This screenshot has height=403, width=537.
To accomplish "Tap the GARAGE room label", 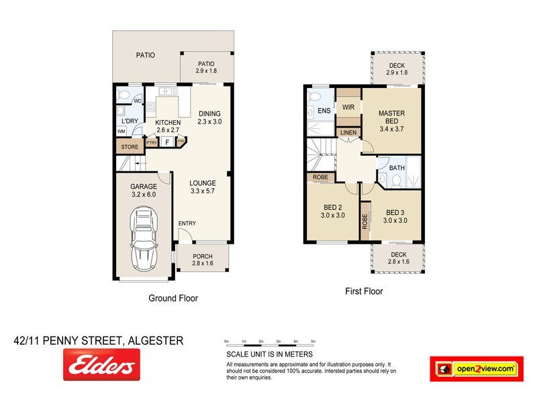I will click(144, 186).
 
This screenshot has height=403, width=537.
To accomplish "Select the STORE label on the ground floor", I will click(130, 147).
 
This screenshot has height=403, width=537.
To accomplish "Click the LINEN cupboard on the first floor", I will click(348, 133).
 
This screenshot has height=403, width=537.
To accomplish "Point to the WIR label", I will click(348, 107).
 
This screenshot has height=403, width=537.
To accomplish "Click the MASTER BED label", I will click(393, 117).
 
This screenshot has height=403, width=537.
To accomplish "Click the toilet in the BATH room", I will click(397, 179).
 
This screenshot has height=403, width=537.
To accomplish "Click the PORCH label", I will click(203, 257).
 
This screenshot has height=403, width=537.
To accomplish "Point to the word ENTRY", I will click(187, 224).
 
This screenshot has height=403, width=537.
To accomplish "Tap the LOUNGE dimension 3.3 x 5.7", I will click(202, 191).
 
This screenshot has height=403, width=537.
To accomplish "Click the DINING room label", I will click(209, 114).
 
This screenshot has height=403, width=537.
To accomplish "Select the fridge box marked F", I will click(166, 142).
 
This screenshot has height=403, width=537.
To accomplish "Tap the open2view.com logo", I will click(477, 368).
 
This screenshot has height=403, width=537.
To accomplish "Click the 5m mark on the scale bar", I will click(313, 342).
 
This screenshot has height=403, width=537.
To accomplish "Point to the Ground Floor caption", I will click(173, 298).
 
